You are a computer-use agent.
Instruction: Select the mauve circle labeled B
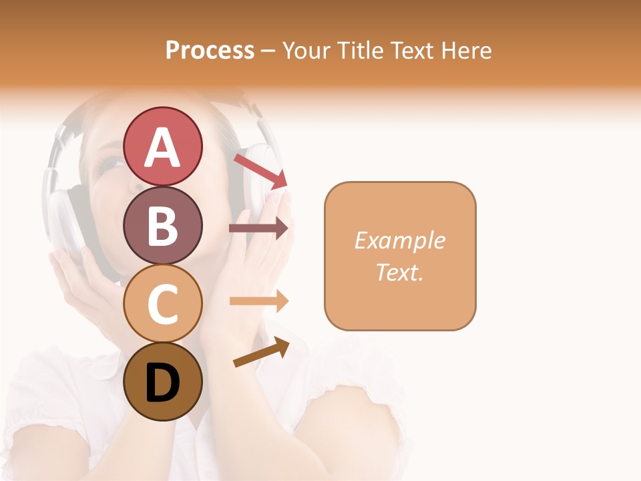(x=162, y=225)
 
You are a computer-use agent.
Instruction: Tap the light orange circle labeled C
(x=162, y=303)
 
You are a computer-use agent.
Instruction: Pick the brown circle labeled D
(x=162, y=381)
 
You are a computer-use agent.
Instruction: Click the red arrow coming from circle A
(x=260, y=171)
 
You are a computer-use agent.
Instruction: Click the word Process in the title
(x=210, y=50)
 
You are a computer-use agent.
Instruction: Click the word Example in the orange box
(x=399, y=240)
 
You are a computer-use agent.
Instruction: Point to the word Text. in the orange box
(x=399, y=272)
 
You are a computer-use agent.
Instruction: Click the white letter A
(x=162, y=147)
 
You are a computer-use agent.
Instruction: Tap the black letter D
(x=162, y=383)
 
